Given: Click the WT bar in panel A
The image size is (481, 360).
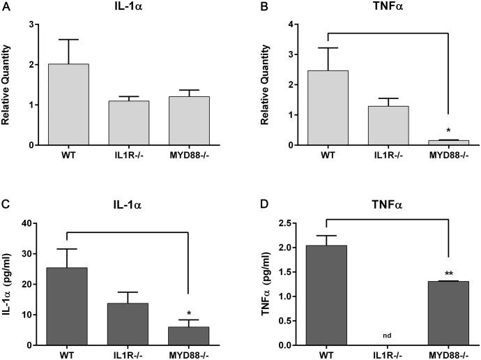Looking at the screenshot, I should (68, 105).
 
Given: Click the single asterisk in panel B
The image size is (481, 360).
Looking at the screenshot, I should (447, 130).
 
